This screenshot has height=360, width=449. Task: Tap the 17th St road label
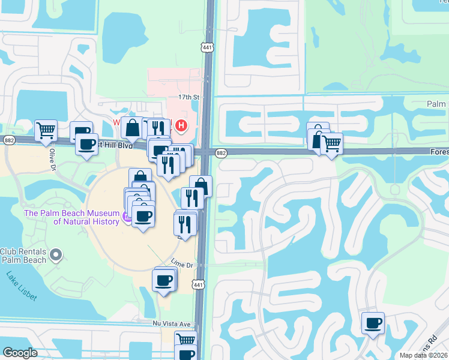187,96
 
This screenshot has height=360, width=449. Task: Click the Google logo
20,353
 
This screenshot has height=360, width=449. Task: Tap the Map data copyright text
424,355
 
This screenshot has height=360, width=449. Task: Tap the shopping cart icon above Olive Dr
46,130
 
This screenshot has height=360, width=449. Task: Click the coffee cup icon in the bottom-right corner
373,323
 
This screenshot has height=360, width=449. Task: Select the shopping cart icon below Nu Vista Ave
186,340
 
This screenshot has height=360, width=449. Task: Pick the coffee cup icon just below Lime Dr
164,280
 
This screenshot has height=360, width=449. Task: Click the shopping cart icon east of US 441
331,143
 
